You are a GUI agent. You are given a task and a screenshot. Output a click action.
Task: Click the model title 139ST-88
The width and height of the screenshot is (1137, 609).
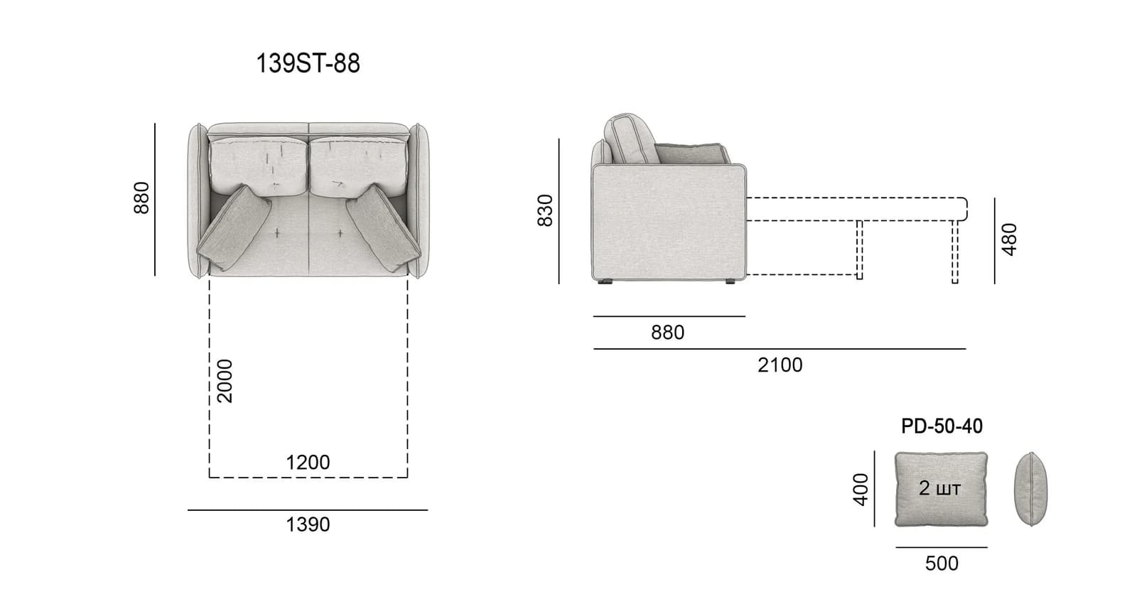(308, 64)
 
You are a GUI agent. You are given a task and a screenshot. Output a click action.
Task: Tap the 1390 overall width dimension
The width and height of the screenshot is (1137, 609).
(308, 524)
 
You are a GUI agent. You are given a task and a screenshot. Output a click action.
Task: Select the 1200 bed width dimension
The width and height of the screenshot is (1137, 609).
(308, 463)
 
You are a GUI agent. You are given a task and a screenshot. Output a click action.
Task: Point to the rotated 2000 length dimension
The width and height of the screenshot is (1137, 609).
(225, 381)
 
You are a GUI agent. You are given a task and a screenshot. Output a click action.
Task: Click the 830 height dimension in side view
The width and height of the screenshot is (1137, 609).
(545, 210)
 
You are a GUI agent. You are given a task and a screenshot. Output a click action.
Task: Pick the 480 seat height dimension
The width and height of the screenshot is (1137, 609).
(1010, 239)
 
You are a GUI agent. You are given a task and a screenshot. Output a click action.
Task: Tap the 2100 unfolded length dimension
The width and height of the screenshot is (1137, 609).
(780, 365)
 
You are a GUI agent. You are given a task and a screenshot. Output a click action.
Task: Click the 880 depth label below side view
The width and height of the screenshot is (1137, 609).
(667, 333)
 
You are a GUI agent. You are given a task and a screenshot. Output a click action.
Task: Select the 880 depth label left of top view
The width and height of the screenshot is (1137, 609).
(141, 198)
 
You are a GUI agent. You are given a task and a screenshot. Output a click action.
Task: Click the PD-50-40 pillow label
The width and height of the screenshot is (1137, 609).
(942, 426)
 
